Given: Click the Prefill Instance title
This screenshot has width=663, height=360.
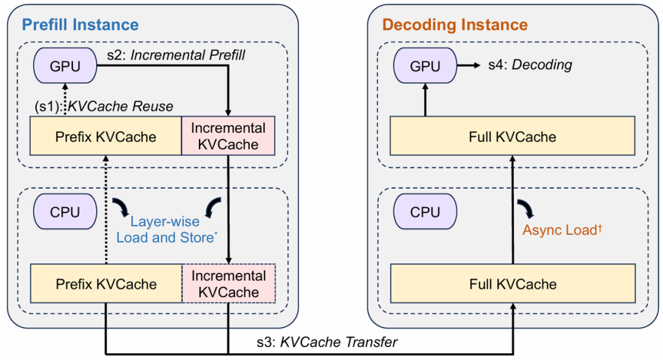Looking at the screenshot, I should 80,25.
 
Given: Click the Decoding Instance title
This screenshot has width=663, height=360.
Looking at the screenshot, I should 455,25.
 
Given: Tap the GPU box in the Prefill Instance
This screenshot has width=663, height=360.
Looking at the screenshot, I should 65,66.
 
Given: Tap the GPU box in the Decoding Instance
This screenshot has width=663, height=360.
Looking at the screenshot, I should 425,66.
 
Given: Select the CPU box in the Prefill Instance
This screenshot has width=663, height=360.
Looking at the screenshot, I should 65,212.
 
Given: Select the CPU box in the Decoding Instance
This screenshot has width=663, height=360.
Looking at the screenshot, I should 425,212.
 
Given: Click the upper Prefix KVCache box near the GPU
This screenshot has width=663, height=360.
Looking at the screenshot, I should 106,136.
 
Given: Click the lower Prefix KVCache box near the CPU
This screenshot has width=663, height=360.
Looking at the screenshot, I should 106,284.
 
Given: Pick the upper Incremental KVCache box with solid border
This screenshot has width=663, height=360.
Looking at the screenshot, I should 228,136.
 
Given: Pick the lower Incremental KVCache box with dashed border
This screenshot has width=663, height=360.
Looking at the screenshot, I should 229,284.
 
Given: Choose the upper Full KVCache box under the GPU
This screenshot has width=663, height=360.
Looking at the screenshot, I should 513,136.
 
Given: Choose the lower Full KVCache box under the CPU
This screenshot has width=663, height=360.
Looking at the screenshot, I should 513,284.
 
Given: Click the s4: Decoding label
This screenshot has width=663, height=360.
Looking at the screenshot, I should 530,65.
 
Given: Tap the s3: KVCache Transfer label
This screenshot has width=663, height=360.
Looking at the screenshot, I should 327,342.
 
